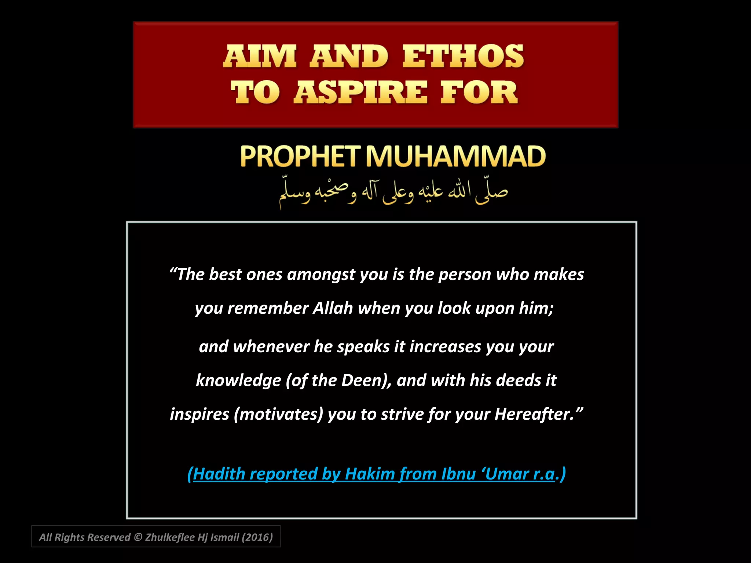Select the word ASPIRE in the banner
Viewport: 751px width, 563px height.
pyautogui.click(x=360, y=92)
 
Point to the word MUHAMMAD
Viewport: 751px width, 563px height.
pyautogui.click(x=456, y=157)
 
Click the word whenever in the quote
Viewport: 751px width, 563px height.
pyautogui.click(x=271, y=347)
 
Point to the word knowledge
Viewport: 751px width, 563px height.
pyautogui.click(x=238, y=380)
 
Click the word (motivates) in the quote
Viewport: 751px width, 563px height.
pyautogui.click(x=278, y=414)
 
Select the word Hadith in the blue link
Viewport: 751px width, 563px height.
pyautogui.click(x=219, y=474)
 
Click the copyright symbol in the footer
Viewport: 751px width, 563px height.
pyautogui.click(x=138, y=537)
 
